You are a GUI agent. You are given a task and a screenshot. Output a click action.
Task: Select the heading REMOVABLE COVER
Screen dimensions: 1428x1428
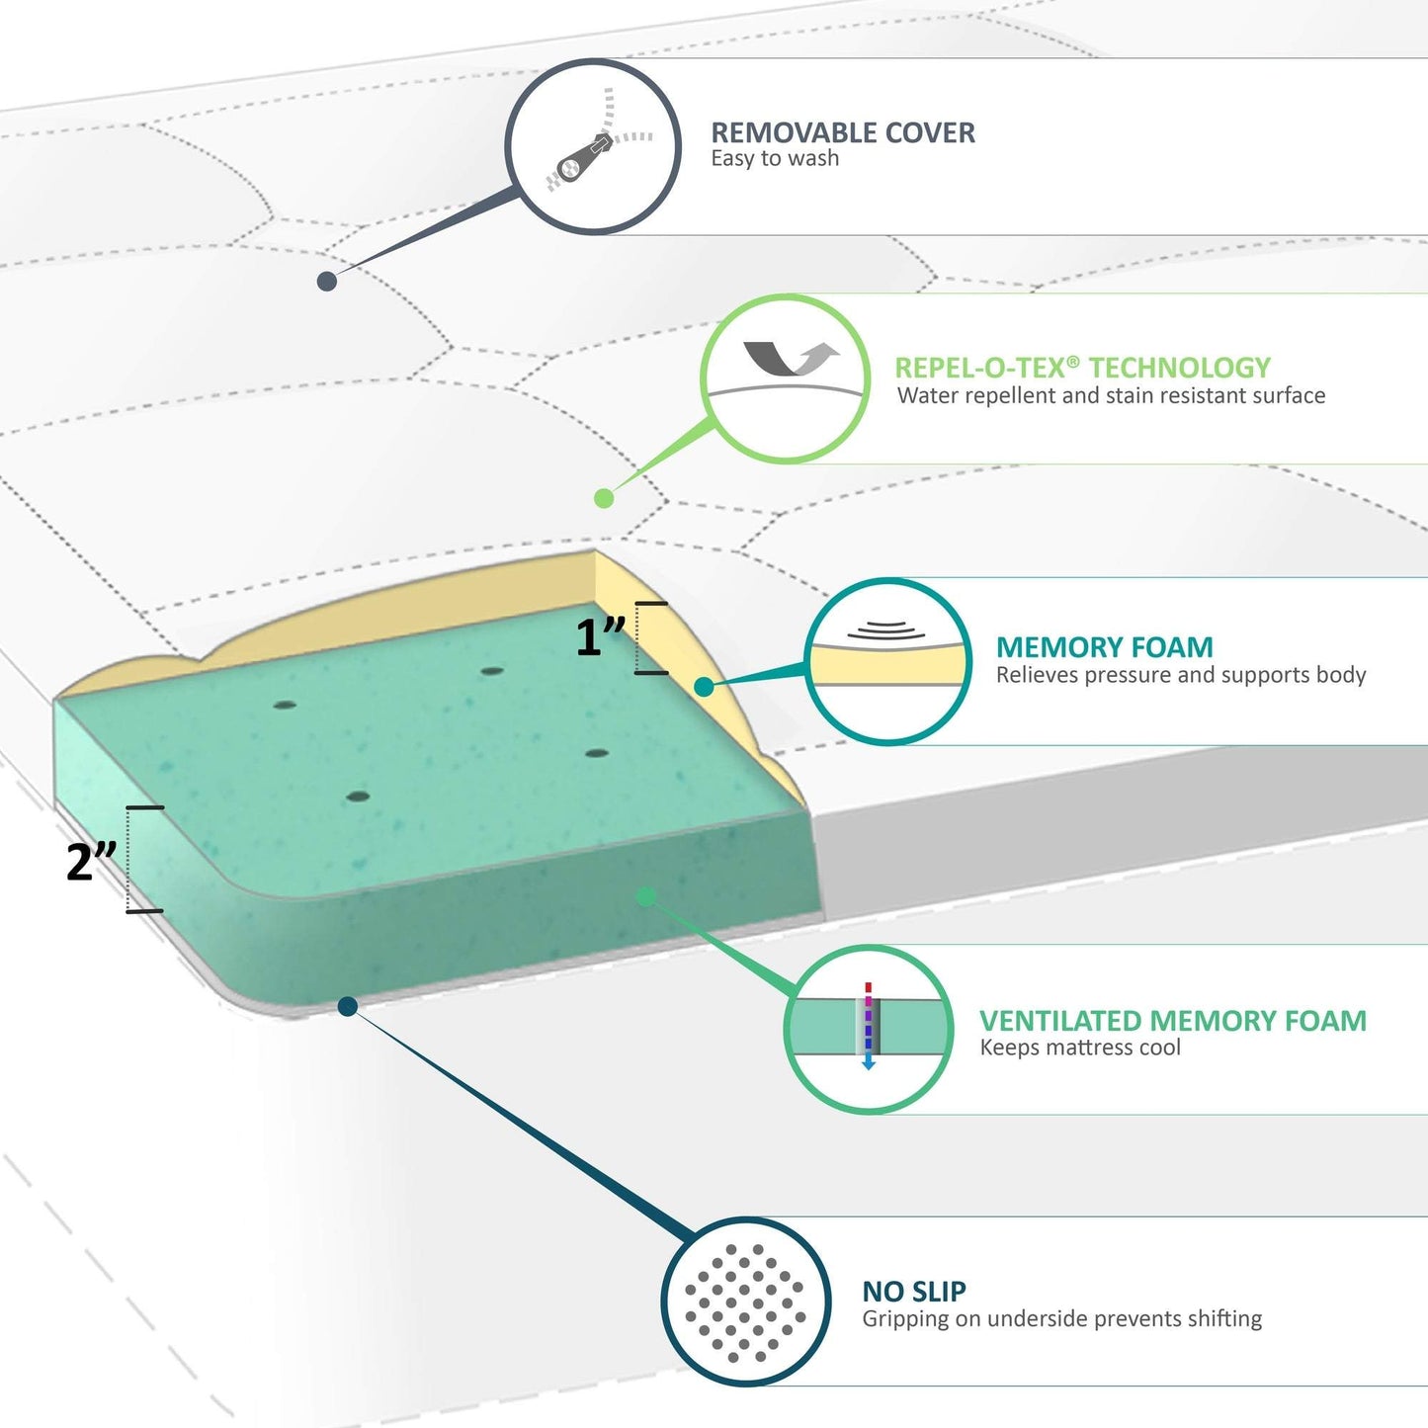(x=843, y=133)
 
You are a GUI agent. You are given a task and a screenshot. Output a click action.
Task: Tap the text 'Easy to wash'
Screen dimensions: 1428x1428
(x=775, y=158)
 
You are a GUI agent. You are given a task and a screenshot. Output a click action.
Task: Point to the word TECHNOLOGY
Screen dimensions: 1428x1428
(x=1180, y=368)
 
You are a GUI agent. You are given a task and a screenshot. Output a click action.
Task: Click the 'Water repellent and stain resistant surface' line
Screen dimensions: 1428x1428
(x=1111, y=395)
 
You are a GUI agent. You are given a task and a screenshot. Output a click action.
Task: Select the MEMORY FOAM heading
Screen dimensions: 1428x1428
(x=1104, y=647)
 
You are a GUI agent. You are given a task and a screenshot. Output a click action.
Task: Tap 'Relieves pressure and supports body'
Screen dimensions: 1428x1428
(x=1181, y=675)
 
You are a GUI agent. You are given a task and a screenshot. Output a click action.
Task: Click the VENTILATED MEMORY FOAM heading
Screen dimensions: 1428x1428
(x=1172, y=1021)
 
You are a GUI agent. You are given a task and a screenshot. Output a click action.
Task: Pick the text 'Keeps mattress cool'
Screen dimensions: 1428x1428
(x=1080, y=1048)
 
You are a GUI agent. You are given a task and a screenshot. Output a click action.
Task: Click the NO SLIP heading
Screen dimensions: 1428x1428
(x=914, y=1292)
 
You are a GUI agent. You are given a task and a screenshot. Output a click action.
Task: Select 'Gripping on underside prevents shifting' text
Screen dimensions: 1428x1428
(x=1061, y=1319)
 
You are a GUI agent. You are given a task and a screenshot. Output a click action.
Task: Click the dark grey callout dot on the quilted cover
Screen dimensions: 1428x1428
(x=327, y=281)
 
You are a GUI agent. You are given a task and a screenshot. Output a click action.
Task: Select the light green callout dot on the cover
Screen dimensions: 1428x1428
(x=604, y=498)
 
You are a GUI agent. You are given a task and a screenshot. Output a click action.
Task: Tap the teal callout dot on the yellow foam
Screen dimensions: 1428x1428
(x=704, y=687)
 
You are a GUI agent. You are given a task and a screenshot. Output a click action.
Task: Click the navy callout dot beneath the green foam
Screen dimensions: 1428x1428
(x=348, y=1006)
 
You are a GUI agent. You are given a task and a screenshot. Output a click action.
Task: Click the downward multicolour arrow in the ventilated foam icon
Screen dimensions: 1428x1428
(x=869, y=1026)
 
